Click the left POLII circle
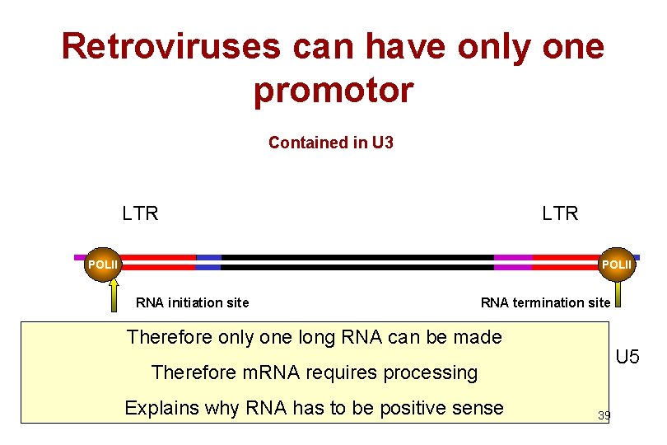coord(104,264)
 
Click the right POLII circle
coord(618,264)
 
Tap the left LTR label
coord(140,214)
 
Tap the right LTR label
coord(560,214)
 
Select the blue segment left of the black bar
coord(208,262)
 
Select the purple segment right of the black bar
coord(513,262)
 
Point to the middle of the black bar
coord(357,262)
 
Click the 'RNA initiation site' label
coord(192,302)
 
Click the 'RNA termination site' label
coord(545,302)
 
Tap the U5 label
coord(627,358)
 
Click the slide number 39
coord(604,416)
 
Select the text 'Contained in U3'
coord(331,143)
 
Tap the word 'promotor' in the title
coord(333,91)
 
